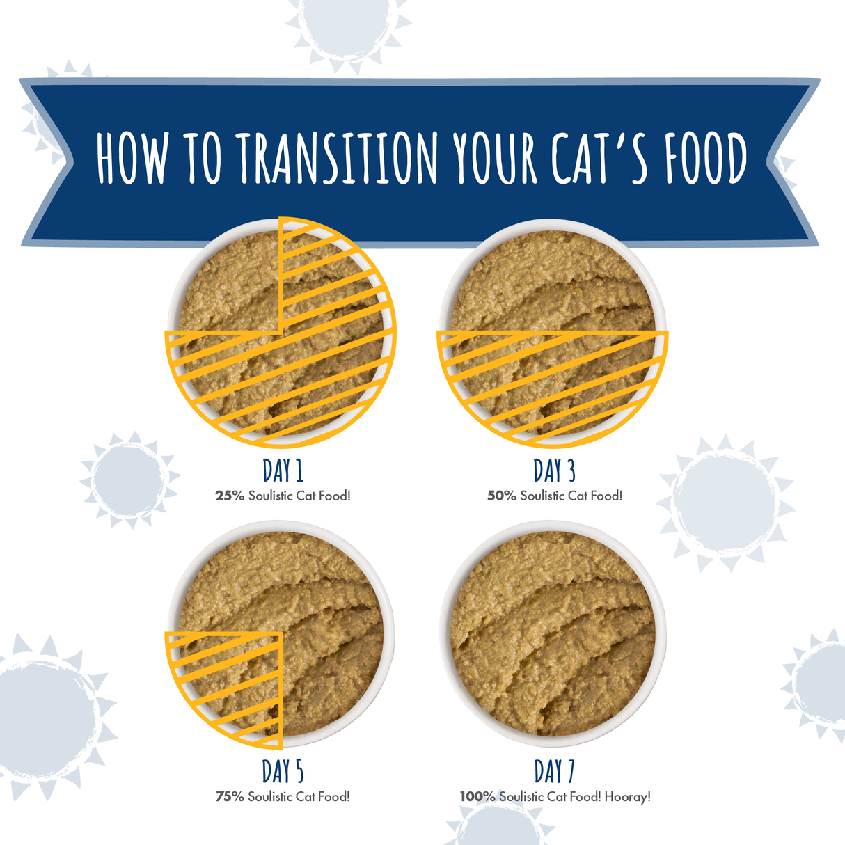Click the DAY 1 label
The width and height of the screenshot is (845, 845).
[x=283, y=471]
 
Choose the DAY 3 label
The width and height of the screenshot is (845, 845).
[x=555, y=471]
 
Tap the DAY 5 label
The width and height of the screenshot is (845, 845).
[x=283, y=771]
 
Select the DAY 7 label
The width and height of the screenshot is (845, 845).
[x=555, y=771]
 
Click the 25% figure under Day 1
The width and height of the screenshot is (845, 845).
[x=230, y=496]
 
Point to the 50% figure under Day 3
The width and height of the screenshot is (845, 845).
[x=501, y=496]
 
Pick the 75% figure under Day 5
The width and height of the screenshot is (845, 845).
[x=230, y=797]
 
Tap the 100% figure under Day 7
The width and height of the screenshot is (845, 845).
[x=477, y=797]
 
